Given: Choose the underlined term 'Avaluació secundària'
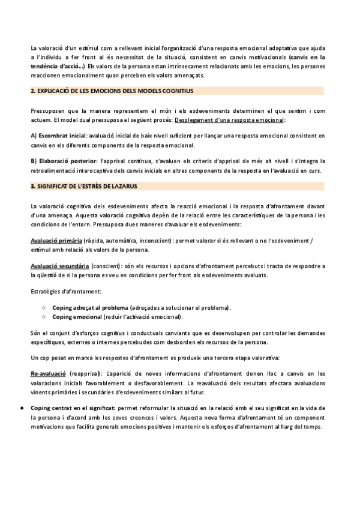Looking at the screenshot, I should click(x=59, y=265).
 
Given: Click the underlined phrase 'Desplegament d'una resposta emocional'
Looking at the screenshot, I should click(x=225, y=120).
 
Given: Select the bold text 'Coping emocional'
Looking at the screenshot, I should click(x=77, y=316).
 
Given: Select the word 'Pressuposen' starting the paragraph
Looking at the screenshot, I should click(x=49, y=111).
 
